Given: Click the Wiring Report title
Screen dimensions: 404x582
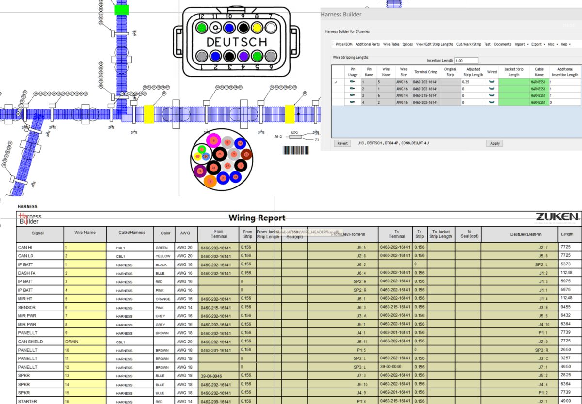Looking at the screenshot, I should coord(257,218).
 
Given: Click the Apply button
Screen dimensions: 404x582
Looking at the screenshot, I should coord(495,143).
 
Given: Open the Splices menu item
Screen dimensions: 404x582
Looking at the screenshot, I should coord(407,44).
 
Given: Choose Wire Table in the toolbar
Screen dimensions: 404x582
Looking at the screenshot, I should coord(391,44).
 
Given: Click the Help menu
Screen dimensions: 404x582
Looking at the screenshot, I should coord(565,44).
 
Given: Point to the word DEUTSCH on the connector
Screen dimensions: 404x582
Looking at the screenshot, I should coord(236,42).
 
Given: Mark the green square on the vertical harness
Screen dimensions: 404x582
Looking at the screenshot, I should coord(121,10).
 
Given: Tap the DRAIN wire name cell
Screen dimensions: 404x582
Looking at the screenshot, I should coord(85,342).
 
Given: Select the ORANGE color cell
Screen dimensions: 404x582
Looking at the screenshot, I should coord(162,299).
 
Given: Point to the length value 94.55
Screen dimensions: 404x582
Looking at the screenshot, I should coord(566,307).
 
